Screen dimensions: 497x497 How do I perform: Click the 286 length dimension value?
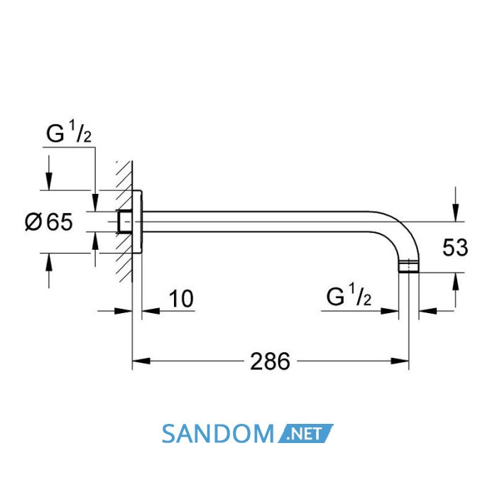coord(270,361)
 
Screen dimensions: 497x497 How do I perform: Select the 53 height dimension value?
coord(455,248)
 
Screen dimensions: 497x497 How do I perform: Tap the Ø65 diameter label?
coord(49,222)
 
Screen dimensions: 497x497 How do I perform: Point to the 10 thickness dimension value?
coord(181,299)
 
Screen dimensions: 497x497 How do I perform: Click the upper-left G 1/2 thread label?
coord(69,133)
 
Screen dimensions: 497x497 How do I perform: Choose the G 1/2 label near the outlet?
coord(349,296)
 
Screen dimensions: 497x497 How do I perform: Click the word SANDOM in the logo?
coord(218,434)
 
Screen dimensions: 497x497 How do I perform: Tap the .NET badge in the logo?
coord(305,433)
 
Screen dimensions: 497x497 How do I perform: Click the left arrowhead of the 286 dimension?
coord(141,361)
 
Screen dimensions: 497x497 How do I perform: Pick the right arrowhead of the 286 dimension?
coord(400,361)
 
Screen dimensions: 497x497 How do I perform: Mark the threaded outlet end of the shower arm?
coord(408,266)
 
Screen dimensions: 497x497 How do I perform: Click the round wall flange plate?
coord(137,222)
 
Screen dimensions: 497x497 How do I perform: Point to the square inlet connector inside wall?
coord(124,222)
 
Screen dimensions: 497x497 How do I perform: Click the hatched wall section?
coord(124,222)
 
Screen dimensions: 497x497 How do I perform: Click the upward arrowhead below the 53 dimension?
coord(456,281)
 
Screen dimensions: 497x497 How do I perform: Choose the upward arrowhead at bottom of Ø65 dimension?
coord(48,262)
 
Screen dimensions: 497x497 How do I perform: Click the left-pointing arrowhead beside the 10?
coord(151,311)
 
